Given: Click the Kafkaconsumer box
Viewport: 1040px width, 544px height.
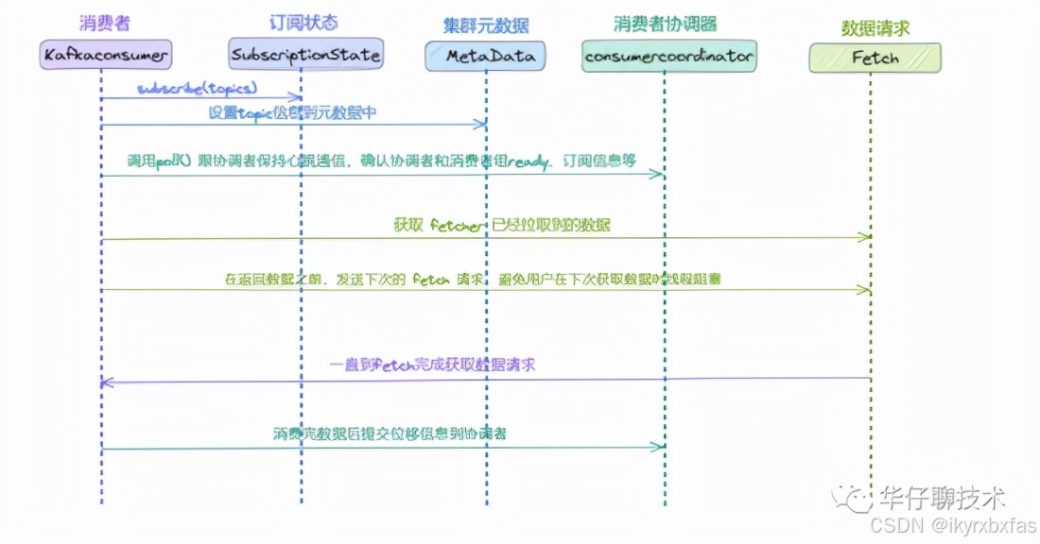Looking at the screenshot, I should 106,56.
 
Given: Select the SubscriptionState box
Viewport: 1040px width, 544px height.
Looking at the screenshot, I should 305,55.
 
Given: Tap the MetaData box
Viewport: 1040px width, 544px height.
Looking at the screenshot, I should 485,57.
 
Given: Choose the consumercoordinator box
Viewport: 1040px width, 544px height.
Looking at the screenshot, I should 668,57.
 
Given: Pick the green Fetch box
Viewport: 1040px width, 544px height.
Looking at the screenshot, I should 875,58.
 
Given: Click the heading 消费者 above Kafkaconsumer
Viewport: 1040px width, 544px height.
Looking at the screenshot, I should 105,21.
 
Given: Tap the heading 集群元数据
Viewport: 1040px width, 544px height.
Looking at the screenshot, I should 486,24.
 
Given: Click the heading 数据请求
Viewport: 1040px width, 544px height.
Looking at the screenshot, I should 875,28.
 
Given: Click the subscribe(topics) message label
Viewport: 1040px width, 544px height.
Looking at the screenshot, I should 197,88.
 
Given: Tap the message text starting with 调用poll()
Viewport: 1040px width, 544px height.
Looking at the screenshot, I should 381,161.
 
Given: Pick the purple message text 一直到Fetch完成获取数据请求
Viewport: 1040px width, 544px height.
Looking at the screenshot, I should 432,364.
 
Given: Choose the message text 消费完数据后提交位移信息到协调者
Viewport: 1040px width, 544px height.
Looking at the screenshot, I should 390,433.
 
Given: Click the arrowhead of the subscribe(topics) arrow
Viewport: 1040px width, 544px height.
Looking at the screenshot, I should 299,97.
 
